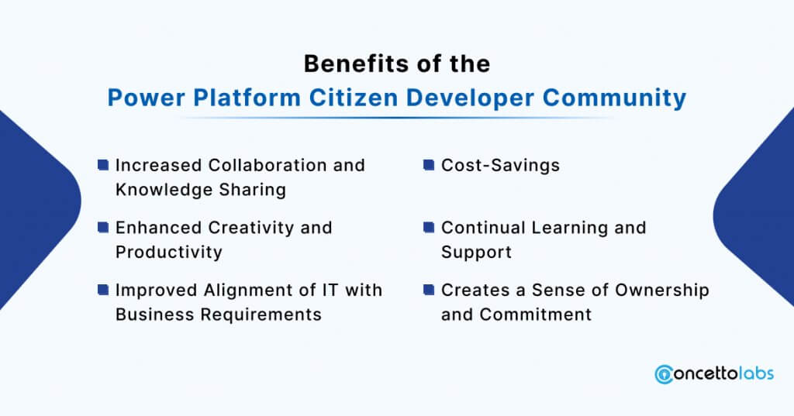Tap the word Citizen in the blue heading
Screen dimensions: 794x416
pyautogui.click(x=354, y=97)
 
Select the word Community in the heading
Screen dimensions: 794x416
pyautogui.click(x=614, y=98)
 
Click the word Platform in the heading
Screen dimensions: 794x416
pyautogui.click(x=247, y=97)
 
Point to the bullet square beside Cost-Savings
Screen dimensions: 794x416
pyautogui.click(x=429, y=165)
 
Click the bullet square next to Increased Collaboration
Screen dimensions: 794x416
pyautogui.click(x=103, y=165)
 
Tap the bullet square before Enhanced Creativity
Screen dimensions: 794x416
pyautogui.click(x=103, y=227)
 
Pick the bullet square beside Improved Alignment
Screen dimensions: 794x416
pyautogui.click(x=103, y=290)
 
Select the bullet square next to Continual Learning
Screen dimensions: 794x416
pyautogui.click(x=429, y=227)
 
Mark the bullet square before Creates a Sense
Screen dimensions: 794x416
pyautogui.click(x=429, y=290)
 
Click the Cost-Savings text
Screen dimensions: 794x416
pyautogui.click(x=500, y=166)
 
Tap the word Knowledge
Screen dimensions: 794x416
pyautogui.click(x=164, y=191)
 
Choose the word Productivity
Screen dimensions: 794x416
pyautogui.click(x=168, y=253)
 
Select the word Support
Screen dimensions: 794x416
pyautogui.click(x=477, y=253)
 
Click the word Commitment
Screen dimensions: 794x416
pyautogui.click(x=536, y=315)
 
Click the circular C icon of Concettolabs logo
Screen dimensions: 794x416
pyautogui.click(x=664, y=374)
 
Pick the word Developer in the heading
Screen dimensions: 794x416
pyautogui.click(x=470, y=98)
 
